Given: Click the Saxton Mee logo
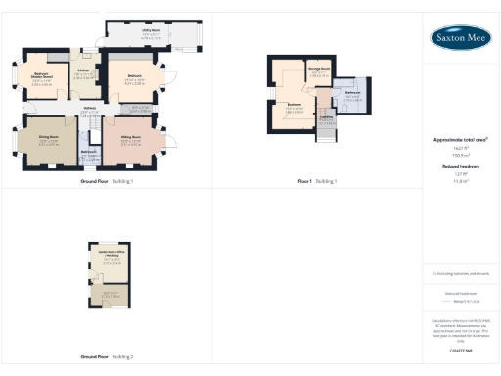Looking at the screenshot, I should (460, 38).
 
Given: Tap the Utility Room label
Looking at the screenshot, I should (150, 31).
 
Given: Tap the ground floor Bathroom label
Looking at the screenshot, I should (88, 152).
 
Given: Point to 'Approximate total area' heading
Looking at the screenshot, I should (460, 140).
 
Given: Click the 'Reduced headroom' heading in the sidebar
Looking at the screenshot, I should (460, 167).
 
